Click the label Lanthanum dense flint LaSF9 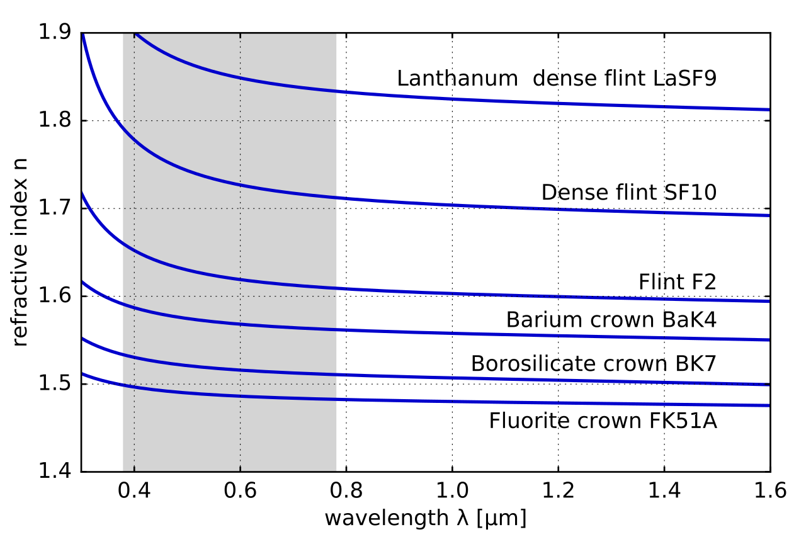(557, 79)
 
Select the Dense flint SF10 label (628, 193)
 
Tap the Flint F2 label (677, 282)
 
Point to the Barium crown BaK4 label (611, 320)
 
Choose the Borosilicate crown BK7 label (594, 364)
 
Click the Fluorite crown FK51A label (603, 421)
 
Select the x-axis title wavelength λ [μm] (425, 519)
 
